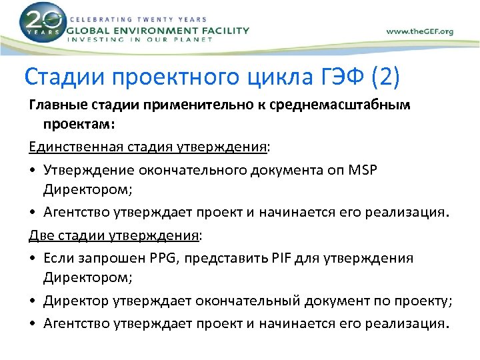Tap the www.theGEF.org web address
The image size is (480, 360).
(419, 31)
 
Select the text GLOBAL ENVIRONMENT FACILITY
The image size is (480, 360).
(157, 30)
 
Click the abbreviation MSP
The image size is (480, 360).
(362, 170)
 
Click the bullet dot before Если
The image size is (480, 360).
(33, 258)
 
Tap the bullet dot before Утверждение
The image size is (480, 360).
(33, 171)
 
